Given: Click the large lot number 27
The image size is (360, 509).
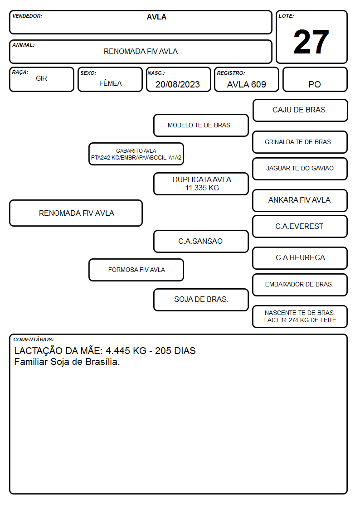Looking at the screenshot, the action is [x=311, y=42].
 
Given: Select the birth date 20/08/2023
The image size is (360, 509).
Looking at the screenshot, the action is [x=178, y=84].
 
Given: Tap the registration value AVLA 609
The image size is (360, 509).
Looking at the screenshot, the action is [x=246, y=84].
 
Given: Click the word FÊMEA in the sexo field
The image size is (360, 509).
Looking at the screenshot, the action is [x=110, y=83].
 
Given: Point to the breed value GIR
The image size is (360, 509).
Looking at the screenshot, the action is [x=41, y=78].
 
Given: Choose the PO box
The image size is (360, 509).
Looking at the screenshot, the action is [x=315, y=79].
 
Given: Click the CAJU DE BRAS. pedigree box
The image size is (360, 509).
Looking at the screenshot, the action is [x=300, y=111].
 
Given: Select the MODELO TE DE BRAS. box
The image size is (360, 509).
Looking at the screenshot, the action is [x=201, y=125].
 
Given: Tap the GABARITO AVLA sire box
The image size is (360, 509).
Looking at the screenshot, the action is [x=136, y=154].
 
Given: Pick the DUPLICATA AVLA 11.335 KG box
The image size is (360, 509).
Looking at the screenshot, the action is [x=201, y=184].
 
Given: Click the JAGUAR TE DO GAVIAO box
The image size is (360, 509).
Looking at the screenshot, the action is [x=300, y=169].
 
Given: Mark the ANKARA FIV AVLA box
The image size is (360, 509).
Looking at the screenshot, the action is [x=300, y=200].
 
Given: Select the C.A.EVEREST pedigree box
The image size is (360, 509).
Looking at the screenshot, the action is [x=300, y=226].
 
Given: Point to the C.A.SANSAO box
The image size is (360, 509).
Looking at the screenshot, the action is [x=201, y=241].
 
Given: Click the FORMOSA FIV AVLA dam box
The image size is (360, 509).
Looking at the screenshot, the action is [x=136, y=270].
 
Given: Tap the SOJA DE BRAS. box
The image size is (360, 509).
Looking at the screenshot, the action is [x=201, y=300].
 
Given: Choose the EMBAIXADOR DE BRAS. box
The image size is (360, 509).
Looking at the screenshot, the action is [x=300, y=285].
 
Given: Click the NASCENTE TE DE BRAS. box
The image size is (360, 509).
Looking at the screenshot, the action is [x=300, y=316].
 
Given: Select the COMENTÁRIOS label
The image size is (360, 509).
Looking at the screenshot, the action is [x=34, y=339].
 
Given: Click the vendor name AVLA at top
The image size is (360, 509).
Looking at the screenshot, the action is [x=156, y=17].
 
